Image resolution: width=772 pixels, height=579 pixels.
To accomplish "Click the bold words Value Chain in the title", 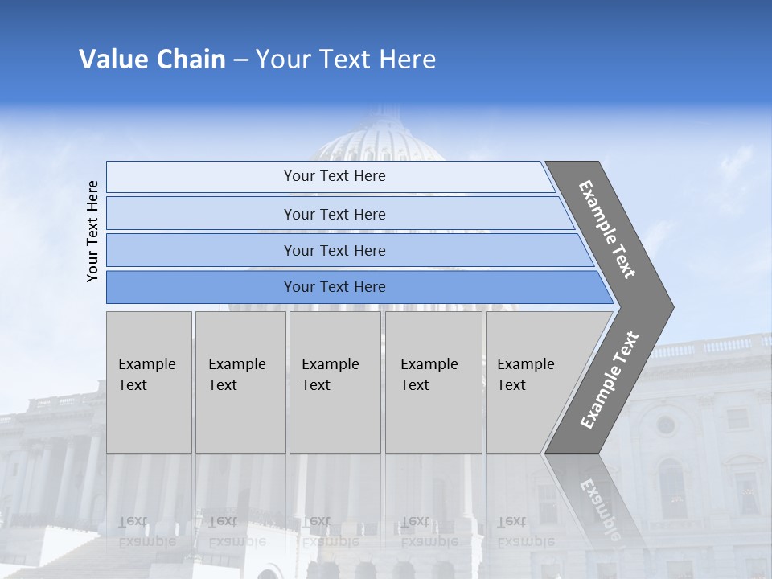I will point(152,60).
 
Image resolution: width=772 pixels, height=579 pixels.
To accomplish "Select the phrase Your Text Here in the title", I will point(346,60).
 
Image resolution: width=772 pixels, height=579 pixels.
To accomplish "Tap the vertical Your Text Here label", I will point(92,232).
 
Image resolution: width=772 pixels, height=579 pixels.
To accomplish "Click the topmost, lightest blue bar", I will point(335,176).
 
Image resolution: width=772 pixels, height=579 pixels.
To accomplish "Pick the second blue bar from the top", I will point(335,214).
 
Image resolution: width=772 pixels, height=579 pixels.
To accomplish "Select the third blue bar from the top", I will point(335,250).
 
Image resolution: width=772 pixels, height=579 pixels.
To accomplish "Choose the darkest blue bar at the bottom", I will point(335,287).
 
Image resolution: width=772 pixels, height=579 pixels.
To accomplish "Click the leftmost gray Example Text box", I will point(149,381).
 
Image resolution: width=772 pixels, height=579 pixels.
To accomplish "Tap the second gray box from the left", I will point(240,381).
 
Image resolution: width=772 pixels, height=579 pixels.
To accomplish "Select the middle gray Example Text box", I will point(335,381).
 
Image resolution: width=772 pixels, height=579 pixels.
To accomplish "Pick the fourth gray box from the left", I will point(433,381).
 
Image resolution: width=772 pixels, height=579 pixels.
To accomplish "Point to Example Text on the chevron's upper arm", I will point(607,229).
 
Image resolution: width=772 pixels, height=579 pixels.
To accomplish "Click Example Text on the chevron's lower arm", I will point(610,380).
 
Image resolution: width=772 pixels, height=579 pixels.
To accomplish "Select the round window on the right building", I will point(665,425).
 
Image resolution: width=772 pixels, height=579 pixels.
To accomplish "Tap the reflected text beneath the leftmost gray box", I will point(146,532).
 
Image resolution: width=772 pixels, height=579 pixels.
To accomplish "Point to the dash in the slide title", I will point(240,60).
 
